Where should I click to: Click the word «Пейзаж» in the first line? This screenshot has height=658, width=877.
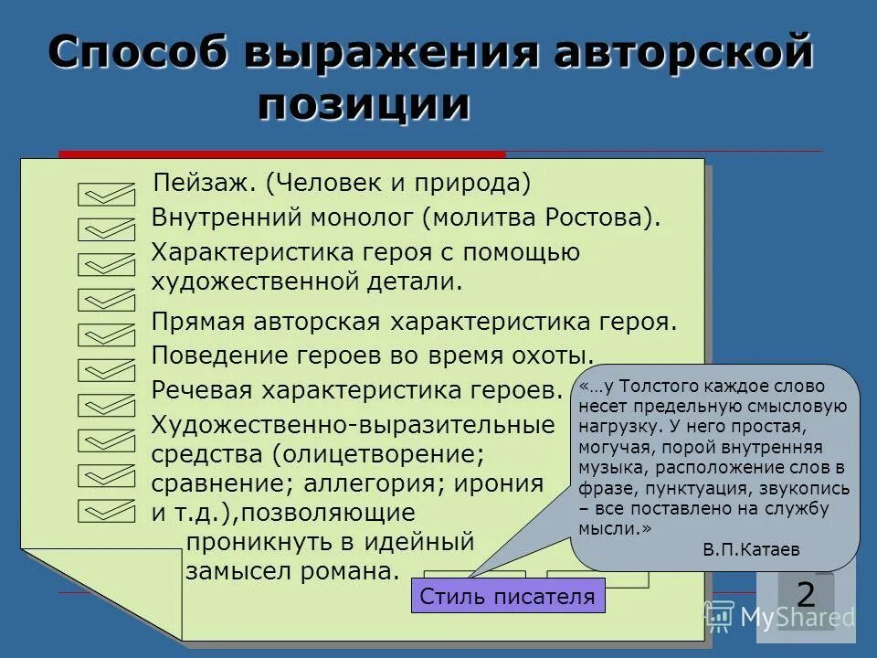pos(206,183)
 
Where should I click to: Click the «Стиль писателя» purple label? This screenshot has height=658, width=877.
pos(508,597)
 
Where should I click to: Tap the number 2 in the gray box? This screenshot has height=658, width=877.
pos(806,594)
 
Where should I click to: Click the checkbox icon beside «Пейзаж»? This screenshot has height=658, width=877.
pos(106,193)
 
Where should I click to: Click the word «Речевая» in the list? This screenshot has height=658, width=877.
pos(202,390)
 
